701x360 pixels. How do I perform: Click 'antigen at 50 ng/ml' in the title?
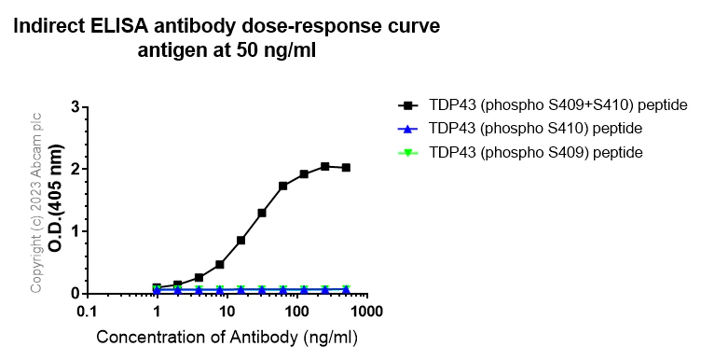[x=227, y=51]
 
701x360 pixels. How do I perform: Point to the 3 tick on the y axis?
[x=74, y=106]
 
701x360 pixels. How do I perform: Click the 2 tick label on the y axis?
[x=74, y=169]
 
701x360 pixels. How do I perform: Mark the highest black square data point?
[x=324, y=166]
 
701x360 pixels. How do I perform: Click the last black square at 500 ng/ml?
[x=346, y=168]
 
